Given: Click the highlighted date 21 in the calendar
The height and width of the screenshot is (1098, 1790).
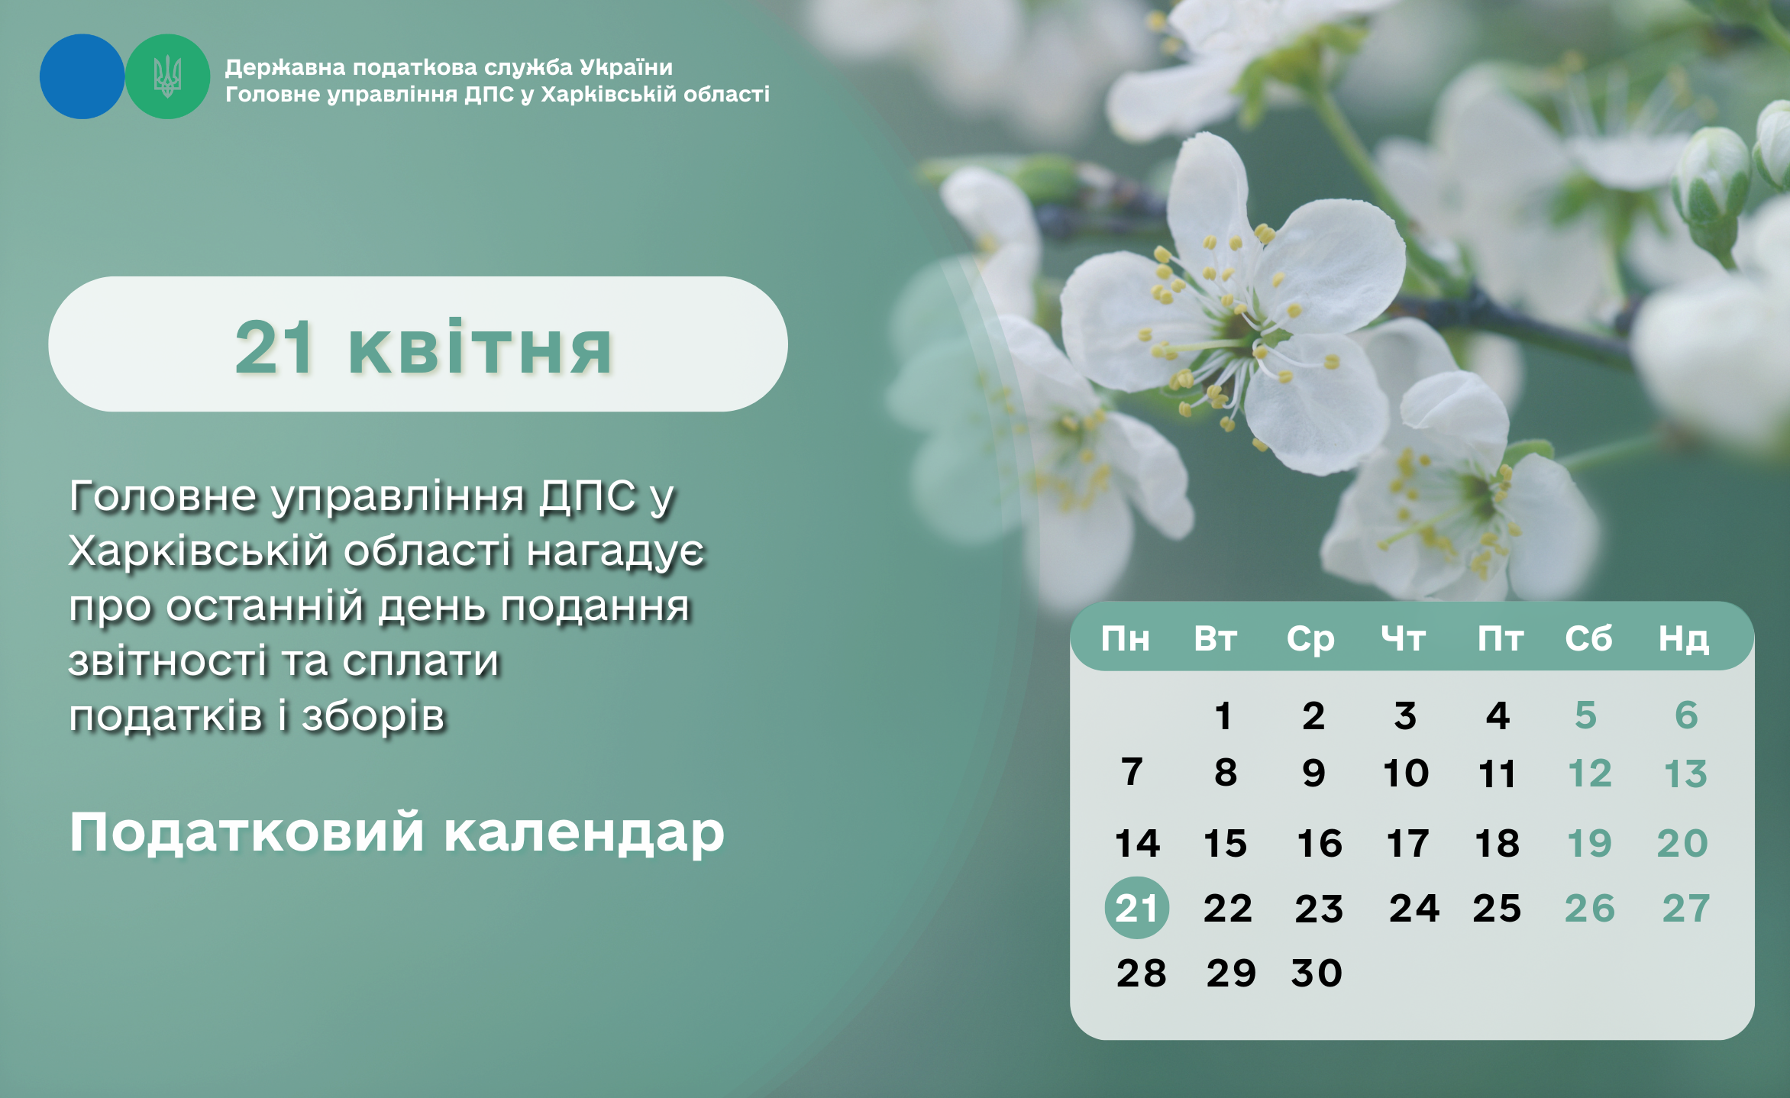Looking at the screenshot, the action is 1136,908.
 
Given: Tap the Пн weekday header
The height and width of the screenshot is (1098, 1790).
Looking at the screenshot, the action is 1125,638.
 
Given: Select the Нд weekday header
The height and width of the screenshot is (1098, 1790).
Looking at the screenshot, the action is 1683,639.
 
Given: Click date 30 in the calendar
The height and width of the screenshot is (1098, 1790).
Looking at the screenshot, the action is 1317,974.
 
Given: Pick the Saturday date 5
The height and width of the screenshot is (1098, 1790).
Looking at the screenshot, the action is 1586,715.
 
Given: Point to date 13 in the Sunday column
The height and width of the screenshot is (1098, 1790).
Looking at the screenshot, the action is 1685,773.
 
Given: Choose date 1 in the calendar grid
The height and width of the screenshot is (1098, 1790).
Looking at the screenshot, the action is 1223,715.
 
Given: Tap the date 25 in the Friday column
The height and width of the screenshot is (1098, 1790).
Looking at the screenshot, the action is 1497,909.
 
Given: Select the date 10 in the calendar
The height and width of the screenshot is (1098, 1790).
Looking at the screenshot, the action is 1406,773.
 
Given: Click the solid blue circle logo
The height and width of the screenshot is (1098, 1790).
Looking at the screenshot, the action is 82,76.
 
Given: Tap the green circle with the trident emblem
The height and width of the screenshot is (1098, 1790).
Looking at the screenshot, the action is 167,76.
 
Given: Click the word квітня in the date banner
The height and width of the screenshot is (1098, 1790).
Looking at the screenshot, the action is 480,348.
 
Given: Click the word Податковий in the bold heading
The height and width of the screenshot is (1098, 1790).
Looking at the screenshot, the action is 247,832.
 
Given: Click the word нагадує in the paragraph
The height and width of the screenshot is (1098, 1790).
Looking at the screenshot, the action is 616,551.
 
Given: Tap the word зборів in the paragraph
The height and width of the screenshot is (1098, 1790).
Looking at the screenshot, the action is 373,716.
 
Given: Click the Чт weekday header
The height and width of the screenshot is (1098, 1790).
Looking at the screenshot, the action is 1404,639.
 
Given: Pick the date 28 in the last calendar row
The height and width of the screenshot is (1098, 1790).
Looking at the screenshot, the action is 1141,974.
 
